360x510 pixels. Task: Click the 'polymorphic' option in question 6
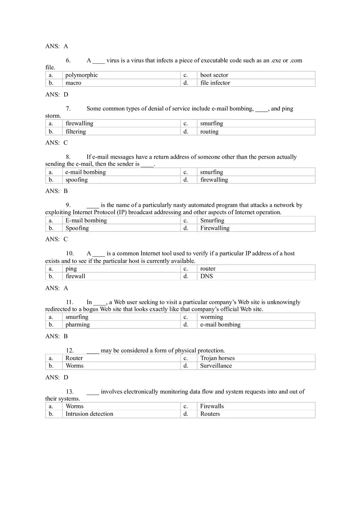(x=81, y=75)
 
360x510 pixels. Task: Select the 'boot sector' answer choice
(x=214, y=75)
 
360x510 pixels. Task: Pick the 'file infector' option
(x=215, y=83)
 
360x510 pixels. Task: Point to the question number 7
(x=68, y=109)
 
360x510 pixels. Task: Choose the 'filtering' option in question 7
(x=76, y=132)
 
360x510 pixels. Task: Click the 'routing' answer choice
(x=209, y=132)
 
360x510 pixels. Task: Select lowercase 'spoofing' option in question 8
(x=76, y=180)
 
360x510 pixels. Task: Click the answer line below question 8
(x=56, y=191)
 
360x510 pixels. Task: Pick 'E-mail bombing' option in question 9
(x=86, y=220)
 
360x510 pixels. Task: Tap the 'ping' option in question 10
(x=71, y=269)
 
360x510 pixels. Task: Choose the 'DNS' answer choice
(x=206, y=276)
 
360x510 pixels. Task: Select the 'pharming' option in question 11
(x=77, y=325)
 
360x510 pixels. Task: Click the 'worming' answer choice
(x=211, y=317)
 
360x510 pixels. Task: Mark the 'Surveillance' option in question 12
(x=216, y=366)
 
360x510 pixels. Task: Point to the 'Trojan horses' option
(x=217, y=358)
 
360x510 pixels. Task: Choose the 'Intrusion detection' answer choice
(x=89, y=414)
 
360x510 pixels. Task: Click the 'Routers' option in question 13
(x=210, y=414)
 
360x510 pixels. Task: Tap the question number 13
(x=70, y=392)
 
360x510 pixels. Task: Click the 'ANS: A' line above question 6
(x=56, y=46)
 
